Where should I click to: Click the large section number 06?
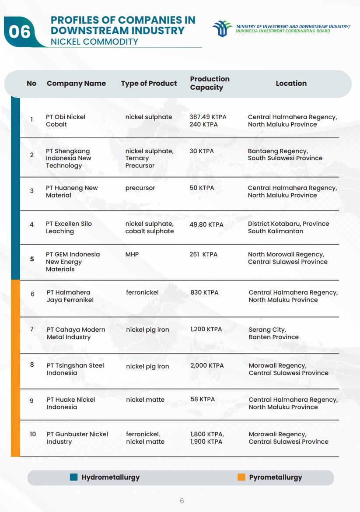coord(20,32)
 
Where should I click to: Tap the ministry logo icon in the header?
coord(222,29)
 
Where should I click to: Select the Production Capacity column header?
coord(210,83)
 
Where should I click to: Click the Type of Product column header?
coord(149,83)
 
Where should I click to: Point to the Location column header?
coord(291,83)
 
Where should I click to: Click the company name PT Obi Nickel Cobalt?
coord(66,121)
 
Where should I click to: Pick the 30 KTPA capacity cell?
coord(202,151)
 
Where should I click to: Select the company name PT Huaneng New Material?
coord(72,192)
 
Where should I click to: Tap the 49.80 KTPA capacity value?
coord(206,224)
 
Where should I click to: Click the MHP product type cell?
coord(132,254)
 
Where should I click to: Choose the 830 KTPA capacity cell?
coord(204,292)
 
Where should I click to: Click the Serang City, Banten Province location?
coord(273,333)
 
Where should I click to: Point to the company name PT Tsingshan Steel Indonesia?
coord(75,369)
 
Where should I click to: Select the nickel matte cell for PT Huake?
coord(145,400)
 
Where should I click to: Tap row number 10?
coord(33,434)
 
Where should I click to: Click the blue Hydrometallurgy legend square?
coord(74,477)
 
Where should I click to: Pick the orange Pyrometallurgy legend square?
coord(241,477)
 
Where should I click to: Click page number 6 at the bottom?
coord(182,501)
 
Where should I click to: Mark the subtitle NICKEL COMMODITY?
coord(94,42)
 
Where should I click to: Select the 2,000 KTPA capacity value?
coord(207,365)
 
